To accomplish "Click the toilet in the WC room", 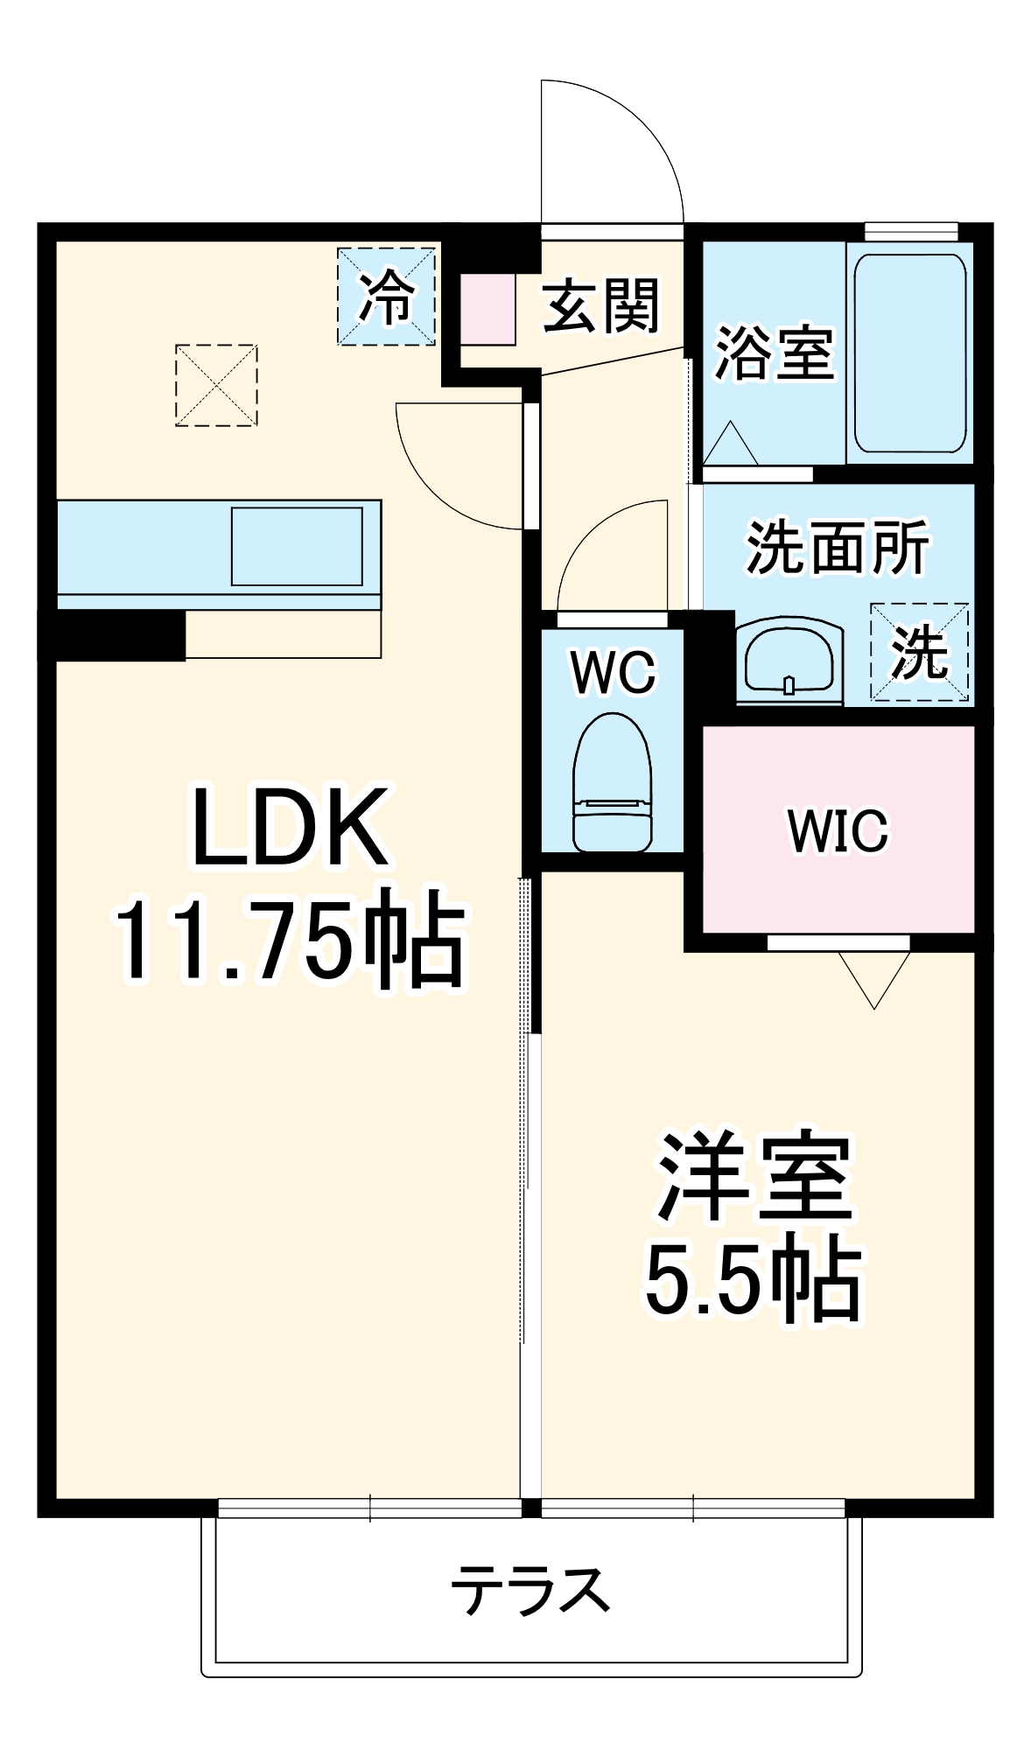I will tap(612, 783).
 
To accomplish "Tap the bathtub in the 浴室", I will tap(909, 353).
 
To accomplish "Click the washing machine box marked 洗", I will tap(919, 652).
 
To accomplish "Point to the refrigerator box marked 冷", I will tap(386, 297).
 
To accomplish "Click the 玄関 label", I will tap(600, 306).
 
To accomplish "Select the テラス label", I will tap(530, 1590).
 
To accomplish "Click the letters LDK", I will tap(290, 828).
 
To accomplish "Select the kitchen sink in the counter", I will tap(297, 546).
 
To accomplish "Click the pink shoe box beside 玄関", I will tap(487, 309).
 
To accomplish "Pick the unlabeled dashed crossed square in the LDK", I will tap(216, 385).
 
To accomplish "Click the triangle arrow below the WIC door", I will tap(874, 976).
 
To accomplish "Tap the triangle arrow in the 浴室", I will tap(730, 444).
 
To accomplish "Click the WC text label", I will tap(613, 673).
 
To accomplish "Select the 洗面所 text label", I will tap(837, 549).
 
